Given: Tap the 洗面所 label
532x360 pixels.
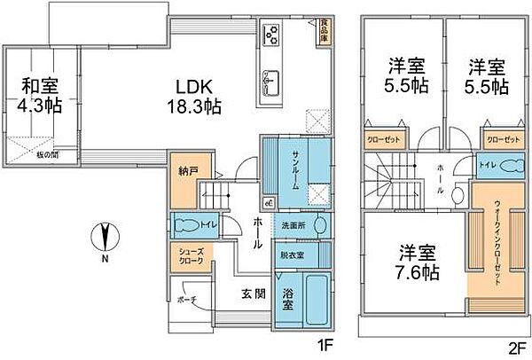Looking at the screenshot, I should (x=293, y=224).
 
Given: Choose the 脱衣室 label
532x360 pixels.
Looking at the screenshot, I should (x=292, y=254).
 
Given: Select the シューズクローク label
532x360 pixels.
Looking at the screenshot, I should (x=191, y=256).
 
